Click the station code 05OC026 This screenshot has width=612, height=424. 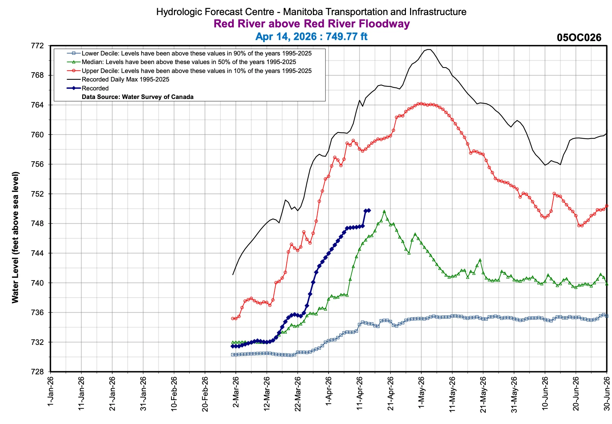(x=579, y=38)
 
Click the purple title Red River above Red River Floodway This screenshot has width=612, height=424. (x=311, y=24)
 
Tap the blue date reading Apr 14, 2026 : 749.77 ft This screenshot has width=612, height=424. (x=311, y=36)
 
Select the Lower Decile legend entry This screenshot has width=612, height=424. (x=196, y=53)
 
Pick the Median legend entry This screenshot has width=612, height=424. (x=189, y=62)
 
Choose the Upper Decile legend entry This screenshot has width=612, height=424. (x=196, y=71)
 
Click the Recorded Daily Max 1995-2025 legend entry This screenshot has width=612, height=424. (x=125, y=79)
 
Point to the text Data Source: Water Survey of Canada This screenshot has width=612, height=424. (x=138, y=97)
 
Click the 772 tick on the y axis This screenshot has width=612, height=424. (x=38, y=46)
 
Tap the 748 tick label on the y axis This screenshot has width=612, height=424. (x=38, y=224)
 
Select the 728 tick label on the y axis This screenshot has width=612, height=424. (x=38, y=372)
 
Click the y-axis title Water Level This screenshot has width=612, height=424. (x=15, y=237)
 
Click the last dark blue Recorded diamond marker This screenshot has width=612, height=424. (x=369, y=211)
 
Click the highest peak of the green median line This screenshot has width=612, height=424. (x=384, y=212)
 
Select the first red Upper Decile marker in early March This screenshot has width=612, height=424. (x=233, y=319)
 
